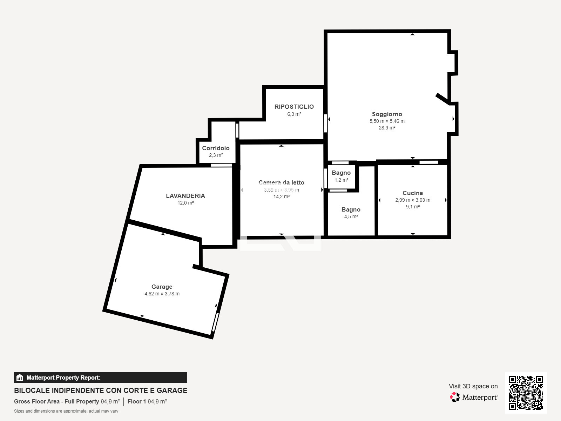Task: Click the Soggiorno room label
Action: point(387,114)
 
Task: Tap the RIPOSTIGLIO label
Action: point(294,107)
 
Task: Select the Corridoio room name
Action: point(216,148)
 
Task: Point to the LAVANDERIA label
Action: point(185,196)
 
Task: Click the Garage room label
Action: point(162,287)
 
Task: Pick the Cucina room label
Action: point(412,193)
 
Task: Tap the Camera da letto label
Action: point(281,182)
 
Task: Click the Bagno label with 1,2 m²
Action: point(341,173)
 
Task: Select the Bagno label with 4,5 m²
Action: point(351,209)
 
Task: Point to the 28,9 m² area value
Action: point(387,128)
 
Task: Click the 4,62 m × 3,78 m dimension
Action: point(162,294)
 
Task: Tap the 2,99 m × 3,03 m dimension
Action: point(412,200)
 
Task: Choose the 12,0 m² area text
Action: point(185,203)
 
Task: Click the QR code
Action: point(526,393)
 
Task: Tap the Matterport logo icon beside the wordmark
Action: point(455,397)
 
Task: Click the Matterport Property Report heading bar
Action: point(100,377)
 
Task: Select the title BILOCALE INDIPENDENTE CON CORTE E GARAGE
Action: point(100,390)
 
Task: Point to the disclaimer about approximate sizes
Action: point(66,411)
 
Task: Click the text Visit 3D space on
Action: point(473,386)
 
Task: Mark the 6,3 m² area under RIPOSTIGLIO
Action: point(294,114)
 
